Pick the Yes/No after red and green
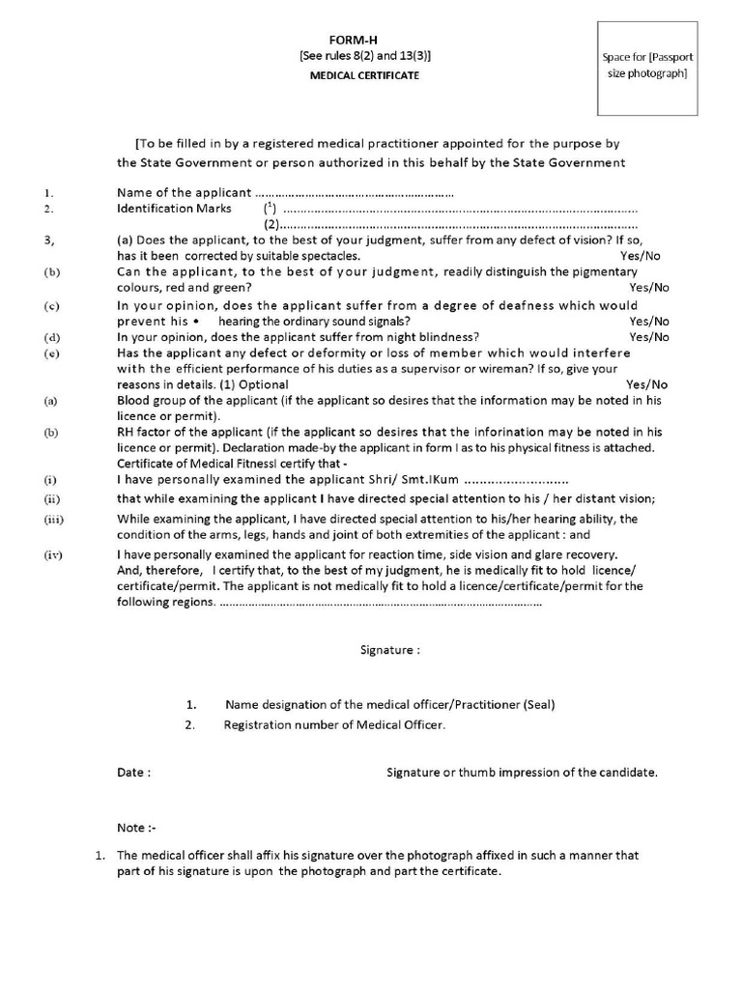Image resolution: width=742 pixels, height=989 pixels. [x=648, y=288]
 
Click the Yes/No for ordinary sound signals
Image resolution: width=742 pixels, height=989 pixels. [x=648, y=321]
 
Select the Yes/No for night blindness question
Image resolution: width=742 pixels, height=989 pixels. [x=648, y=337]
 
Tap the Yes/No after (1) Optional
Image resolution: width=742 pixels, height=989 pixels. [x=645, y=383]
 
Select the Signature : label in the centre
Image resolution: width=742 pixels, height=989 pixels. [x=389, y=651]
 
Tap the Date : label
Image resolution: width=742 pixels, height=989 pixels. [x=133, y=773]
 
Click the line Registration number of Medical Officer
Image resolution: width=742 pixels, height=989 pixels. [x=334, y=724]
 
